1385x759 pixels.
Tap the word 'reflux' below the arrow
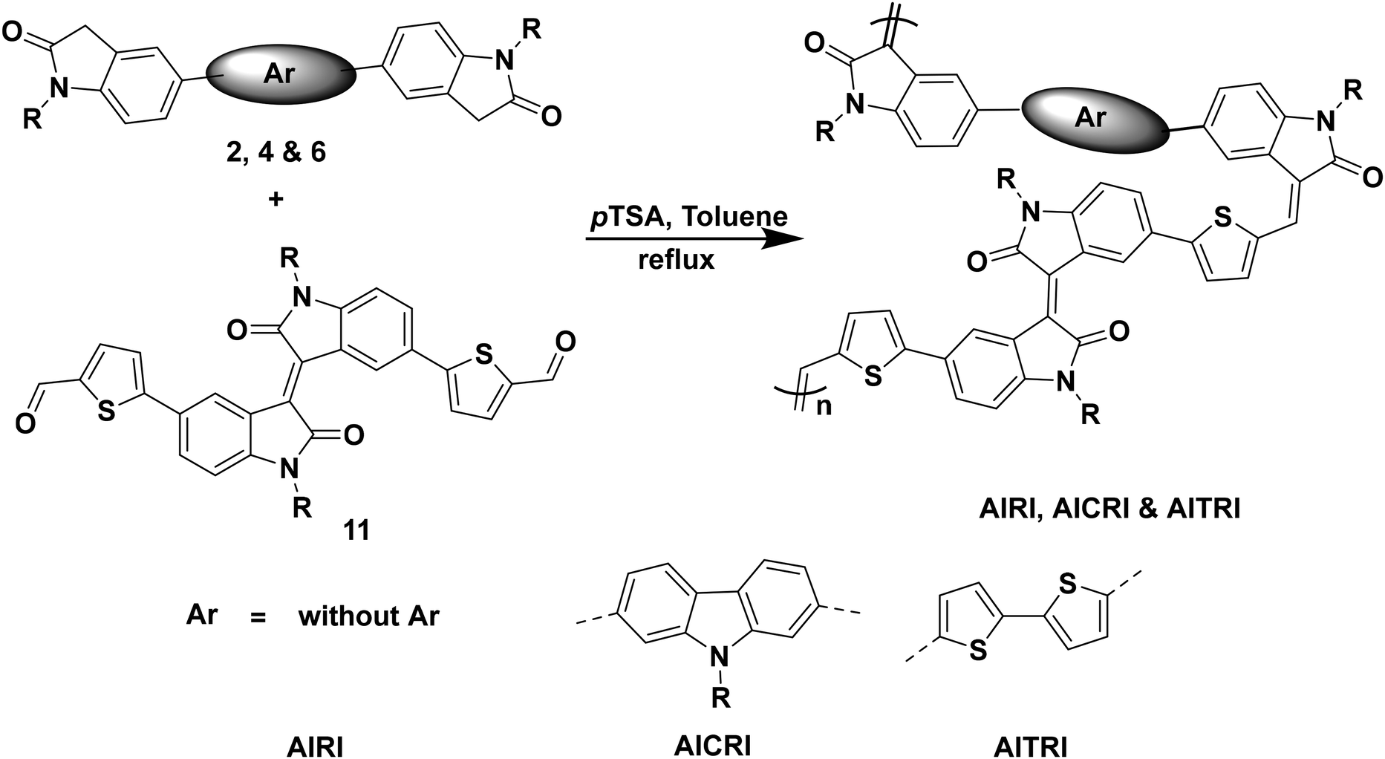pyautogui.click(x=677, y=260)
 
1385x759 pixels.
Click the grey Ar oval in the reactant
pyautogui.click(x=276, y=73)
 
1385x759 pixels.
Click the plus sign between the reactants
pyautogui.click(x=276, y=199)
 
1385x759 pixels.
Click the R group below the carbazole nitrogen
pyautogui.click(x=721, y=697)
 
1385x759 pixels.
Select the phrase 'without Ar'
pyautogui.click(x=368, y=616)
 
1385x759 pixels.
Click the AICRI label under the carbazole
pyautogui.click(x=713, y=745)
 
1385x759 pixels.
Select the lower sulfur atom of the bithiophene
pyautogui.click(x=979, y=651)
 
